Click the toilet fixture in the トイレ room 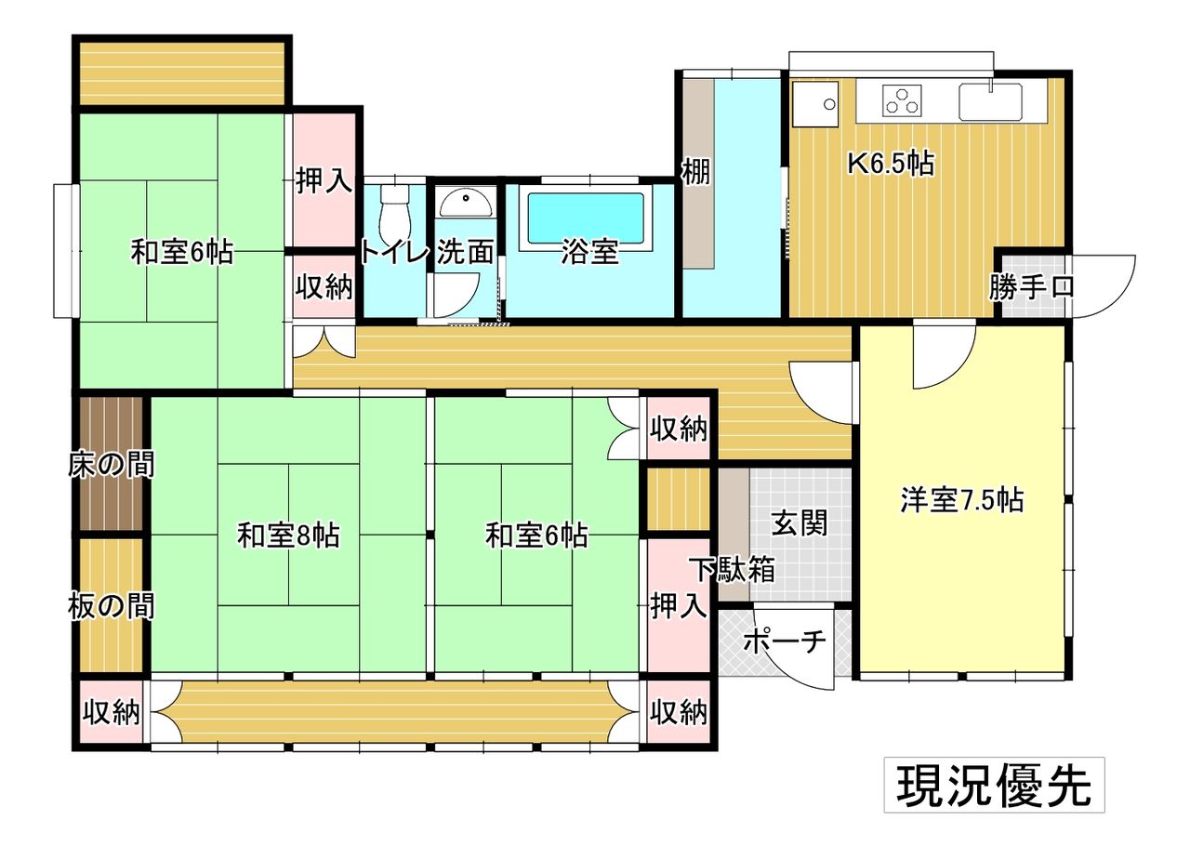[x=395, y=213]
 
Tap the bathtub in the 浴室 [x=586, y=218]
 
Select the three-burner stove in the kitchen [x=902, y=100]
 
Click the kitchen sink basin [x=991, y=101]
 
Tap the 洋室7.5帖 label [x=962, y=500]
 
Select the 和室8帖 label [x=288, y=535]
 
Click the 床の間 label [x=111, y=465]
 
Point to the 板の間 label [x=111, y=606]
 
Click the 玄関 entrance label [x=800, y=522]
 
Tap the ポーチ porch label [x=784, y=641]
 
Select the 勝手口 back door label [x=1031, y=287]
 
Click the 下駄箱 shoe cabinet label [x=735, y=570]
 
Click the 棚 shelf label [x=696, y=172]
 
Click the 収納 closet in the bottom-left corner [x=112, y=712]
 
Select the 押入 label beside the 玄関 [x=679, y=606]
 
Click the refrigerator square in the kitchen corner [x=815, y=103]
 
